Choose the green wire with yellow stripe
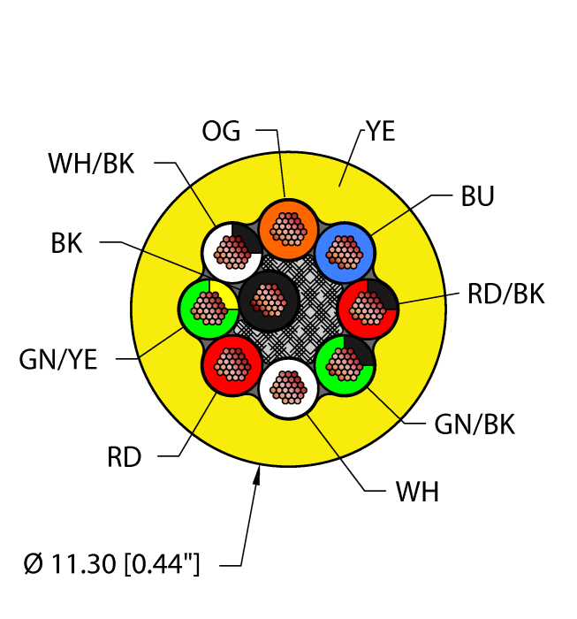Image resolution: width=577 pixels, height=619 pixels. point(209,308)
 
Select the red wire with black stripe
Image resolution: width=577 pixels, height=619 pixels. point(368,308)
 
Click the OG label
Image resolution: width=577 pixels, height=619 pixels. point(220,131)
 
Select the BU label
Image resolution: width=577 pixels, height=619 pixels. point(477,197)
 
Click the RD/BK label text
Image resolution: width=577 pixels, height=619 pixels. point(505,294)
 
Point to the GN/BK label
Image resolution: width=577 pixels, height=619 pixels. point(474,424)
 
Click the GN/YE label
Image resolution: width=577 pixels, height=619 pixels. point(58,359)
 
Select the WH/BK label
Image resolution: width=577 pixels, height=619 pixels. point(93,164)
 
